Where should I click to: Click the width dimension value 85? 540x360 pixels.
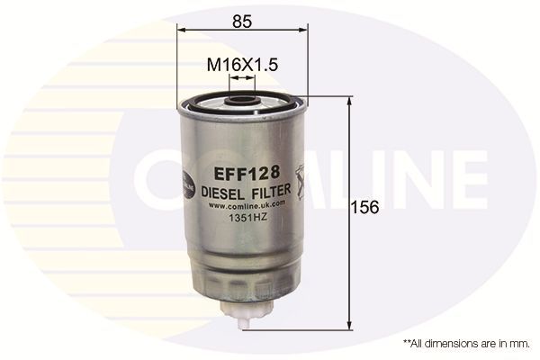241,18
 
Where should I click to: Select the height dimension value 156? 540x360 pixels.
365,207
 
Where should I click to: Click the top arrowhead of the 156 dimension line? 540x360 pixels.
349,102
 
